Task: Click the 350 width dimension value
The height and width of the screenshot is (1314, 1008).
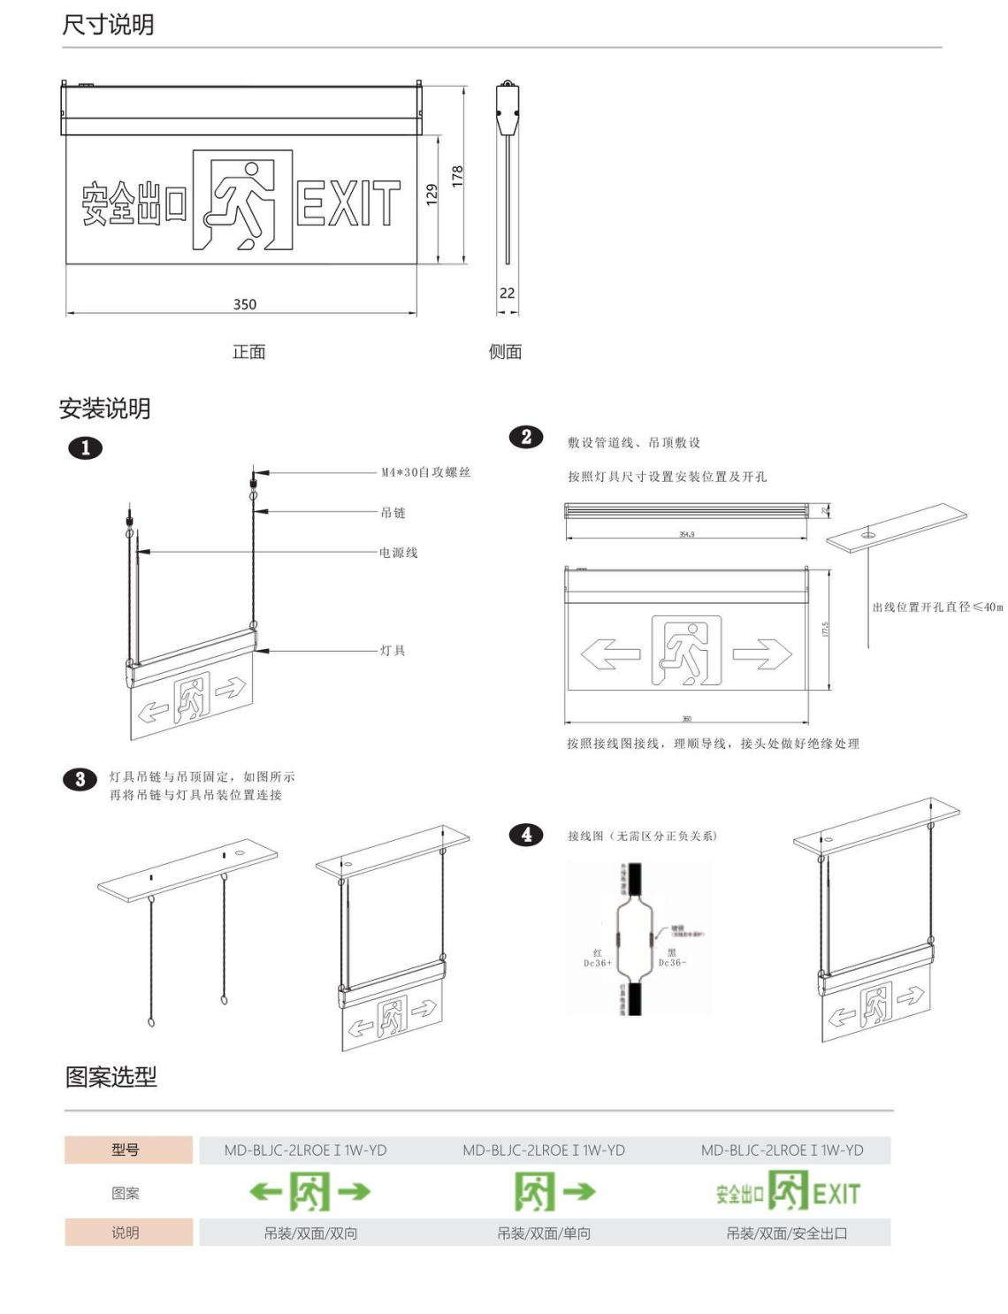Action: click(x=245, y=304)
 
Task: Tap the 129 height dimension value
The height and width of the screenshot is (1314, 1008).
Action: click(x=431, y=195)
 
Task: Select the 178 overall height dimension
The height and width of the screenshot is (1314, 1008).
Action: click(x=457, y=175)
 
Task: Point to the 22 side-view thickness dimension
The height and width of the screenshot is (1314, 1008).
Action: click(x=507, y=293)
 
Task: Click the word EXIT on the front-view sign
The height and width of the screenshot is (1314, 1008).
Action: click(x=347, y=203)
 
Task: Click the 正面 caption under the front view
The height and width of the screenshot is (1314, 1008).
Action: click(x=248, y=352)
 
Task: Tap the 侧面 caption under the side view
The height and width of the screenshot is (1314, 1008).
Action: click(x=505, y=352)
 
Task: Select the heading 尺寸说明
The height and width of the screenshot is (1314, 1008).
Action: click(x=108, y=25)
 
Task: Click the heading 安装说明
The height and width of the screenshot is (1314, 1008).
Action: click(x=104, y=409)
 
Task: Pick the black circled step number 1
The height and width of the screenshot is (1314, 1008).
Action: click(x=86, y=447)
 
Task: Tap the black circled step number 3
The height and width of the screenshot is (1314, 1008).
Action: click(x=80, y=779)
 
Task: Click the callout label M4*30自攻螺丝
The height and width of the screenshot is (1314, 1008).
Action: click(x=425, y=472)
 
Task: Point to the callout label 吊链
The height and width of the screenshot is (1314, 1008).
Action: click(x=393, y=513)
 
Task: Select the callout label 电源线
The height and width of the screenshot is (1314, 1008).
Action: click(x=398, y=553)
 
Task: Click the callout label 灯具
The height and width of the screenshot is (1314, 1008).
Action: click(x=393, y=651)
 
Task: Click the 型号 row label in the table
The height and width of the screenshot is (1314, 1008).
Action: click(x=126, y=1150)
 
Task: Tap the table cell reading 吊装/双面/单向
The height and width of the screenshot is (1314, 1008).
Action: click(x=544, y=1233)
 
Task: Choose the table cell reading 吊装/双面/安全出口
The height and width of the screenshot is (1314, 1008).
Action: click(x=786, y=1233)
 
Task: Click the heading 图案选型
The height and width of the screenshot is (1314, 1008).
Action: click(x=111, y=1076)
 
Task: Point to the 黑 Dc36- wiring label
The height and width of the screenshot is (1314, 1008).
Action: click(x=672, y=958)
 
